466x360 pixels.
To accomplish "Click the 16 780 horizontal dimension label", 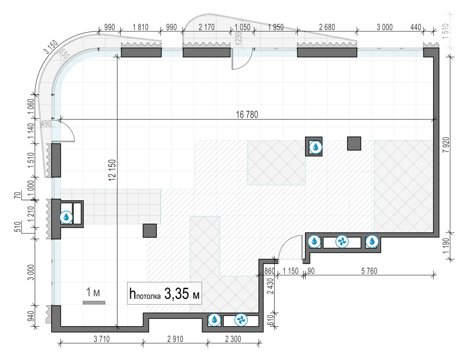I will (x=247, y=115).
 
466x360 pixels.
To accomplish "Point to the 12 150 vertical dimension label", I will (x=112, y=170).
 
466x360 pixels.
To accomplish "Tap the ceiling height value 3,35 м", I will (x=181, y=294).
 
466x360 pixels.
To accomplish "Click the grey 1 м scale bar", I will (x=94, y=302).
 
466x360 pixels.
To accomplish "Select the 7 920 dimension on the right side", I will (x=446, y=145).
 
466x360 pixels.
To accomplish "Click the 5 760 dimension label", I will (x=369, y=271).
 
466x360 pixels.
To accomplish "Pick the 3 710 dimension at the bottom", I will (x=102, y=339).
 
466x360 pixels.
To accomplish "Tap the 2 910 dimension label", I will (x=175, y=339).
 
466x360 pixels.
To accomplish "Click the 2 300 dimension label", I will (x=233, y=339).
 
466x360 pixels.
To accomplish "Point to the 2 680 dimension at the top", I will (x=327, y=27).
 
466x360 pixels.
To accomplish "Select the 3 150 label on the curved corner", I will (x=51, y=47).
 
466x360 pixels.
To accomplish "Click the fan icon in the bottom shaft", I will (x=241, y=320).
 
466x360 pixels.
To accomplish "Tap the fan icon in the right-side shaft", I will (x=342, y=241).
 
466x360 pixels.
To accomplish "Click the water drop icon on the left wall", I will (x=66, y=217).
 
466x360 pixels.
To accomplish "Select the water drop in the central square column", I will (x=316, y=147).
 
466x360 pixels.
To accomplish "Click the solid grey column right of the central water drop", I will (x=354, y=143).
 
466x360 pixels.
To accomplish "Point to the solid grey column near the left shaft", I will (x=150, y=231).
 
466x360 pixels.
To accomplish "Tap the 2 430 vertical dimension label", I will (x=271, y=286).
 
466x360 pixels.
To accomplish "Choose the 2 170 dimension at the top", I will (x=207, y=27).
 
